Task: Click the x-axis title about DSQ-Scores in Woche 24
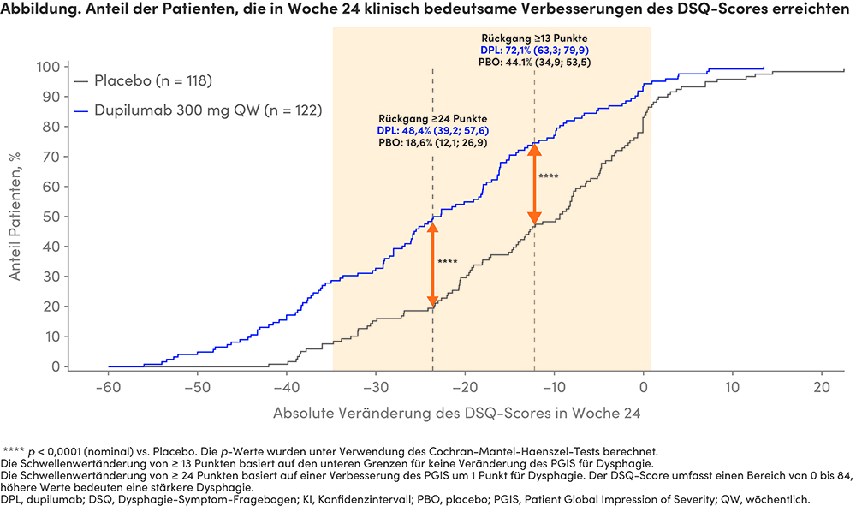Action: [x=457, y=412]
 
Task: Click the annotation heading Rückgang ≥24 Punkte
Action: [x=433, y=118]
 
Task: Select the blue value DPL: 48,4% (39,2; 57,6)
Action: [x=433, y=130]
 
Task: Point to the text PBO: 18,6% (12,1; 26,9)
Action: [x=433, y=143]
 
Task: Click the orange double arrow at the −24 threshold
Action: [x=433, y=263]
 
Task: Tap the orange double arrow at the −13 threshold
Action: [x=534, y=183]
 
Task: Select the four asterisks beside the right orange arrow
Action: [x=548, y=176]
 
